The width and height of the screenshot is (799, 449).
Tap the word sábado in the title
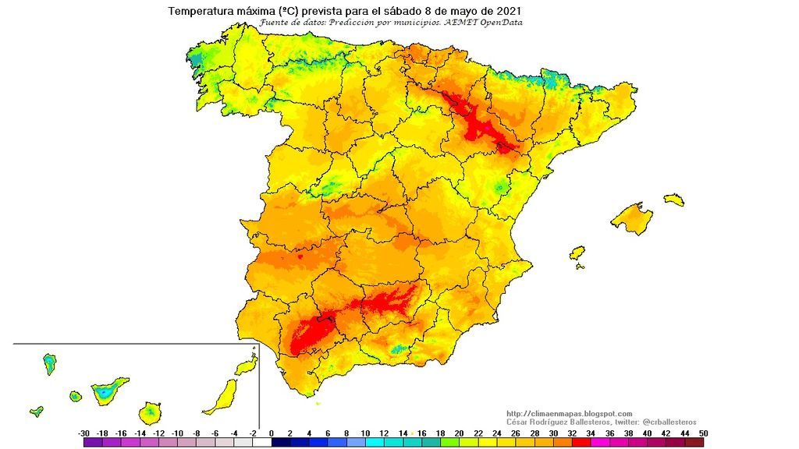[x=403, y=12]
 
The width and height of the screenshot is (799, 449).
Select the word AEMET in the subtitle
[x=460, y=23]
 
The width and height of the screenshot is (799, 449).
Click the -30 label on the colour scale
[x=83, y=433]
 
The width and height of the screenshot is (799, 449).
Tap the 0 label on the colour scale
[x=272, y=433]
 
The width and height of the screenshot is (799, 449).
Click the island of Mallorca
[x=632, y=217]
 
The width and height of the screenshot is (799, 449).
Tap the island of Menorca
[x=674, y=200]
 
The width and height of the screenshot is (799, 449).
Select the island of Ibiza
[x=577, y=254]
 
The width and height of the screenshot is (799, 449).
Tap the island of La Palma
[x=49, y=363]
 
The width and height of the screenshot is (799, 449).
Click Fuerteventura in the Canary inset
[x=222, y=396]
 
